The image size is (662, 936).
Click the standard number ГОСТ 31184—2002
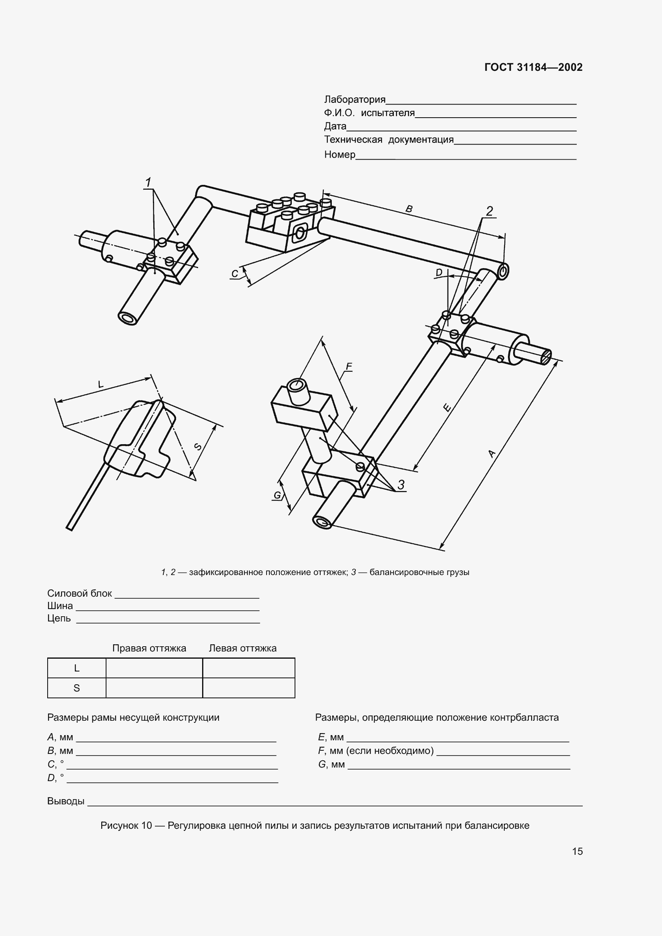[533, 67]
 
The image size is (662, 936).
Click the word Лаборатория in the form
[354, 100]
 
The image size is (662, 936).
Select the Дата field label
[335, 126]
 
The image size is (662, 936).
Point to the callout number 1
[148, 182]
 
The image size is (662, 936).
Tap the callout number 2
[489, 211]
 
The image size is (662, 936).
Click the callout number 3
[401, 485]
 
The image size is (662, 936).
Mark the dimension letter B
[409, 209]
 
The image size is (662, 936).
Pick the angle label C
[235, 274]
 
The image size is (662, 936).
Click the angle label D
[439, 273]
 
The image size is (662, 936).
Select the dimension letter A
[491, 453]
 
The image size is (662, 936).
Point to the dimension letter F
[349, 367]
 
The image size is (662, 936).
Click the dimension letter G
[277, 495]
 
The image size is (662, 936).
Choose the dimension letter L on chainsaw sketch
[101, 384]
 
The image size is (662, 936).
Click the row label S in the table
[76, 688]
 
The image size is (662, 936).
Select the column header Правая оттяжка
[149, 648]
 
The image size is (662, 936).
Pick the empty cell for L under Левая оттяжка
[248, 668]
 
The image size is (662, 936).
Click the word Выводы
[66, 801]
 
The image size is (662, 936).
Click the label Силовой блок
[80, 593]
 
